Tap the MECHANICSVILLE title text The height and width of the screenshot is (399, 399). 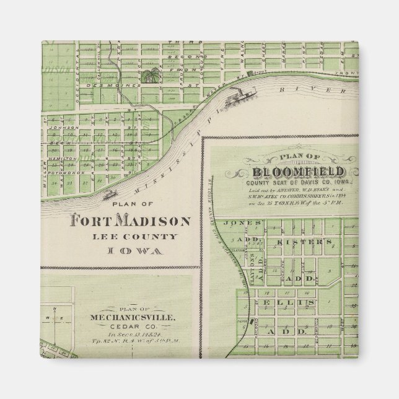point(130,317)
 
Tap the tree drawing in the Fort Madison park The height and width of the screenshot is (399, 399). point(149,77)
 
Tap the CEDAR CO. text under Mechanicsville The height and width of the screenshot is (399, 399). point(131,327)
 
